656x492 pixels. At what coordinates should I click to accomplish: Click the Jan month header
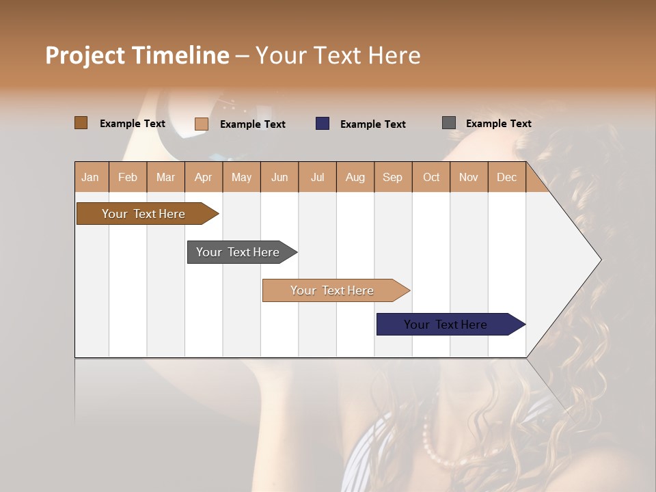tap(91, 177)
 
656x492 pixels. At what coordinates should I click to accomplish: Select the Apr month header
tap(203, 177)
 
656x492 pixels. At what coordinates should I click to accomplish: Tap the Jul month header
tap(317, 177)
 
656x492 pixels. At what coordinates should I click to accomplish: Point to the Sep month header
tap(392, 177)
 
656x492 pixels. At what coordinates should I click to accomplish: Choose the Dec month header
tap(506, 177)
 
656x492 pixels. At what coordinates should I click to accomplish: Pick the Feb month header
tap(128, 177)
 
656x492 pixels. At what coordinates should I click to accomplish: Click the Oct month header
tap(431, 177)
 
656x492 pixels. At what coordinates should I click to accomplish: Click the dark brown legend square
tap(81, 123)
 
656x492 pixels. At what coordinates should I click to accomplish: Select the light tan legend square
tap(201, 124)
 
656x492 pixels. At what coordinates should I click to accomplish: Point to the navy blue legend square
tap(322, 124)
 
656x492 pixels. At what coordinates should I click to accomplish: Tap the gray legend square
tap(448, 123)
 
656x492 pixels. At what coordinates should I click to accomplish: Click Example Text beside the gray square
tap(498, 124)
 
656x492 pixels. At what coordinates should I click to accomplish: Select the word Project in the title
tap(85, 55)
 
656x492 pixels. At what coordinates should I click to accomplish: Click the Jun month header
tap(279, 177)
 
